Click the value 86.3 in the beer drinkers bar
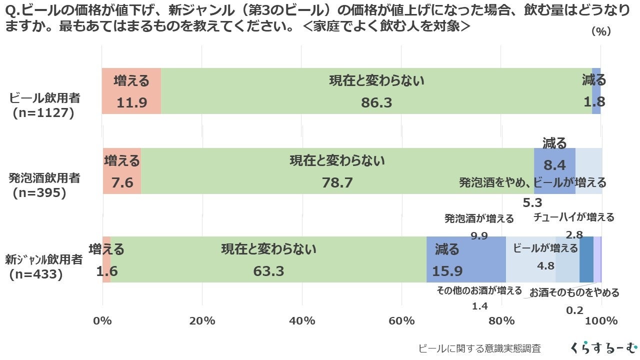pos(376,102)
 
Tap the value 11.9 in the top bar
pos(131,102)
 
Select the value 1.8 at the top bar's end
pos(594,102)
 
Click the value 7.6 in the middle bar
pos(122,182)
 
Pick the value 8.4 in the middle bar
pos(554,165)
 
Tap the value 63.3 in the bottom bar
pos(268,271)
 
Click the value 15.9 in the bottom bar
pos(447,271)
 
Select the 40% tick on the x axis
pos(302,320)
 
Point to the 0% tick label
pos(102,320)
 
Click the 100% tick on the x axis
pos(601,320)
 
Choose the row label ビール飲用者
pos(45,98)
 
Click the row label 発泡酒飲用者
pos(44,177)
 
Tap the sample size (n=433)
pos(37,274)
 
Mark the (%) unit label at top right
pos(601,31)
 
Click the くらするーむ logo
pos(603,347)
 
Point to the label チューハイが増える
pos(573,217)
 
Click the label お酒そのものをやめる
pos(574,292)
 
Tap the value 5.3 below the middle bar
pos(532,202)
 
